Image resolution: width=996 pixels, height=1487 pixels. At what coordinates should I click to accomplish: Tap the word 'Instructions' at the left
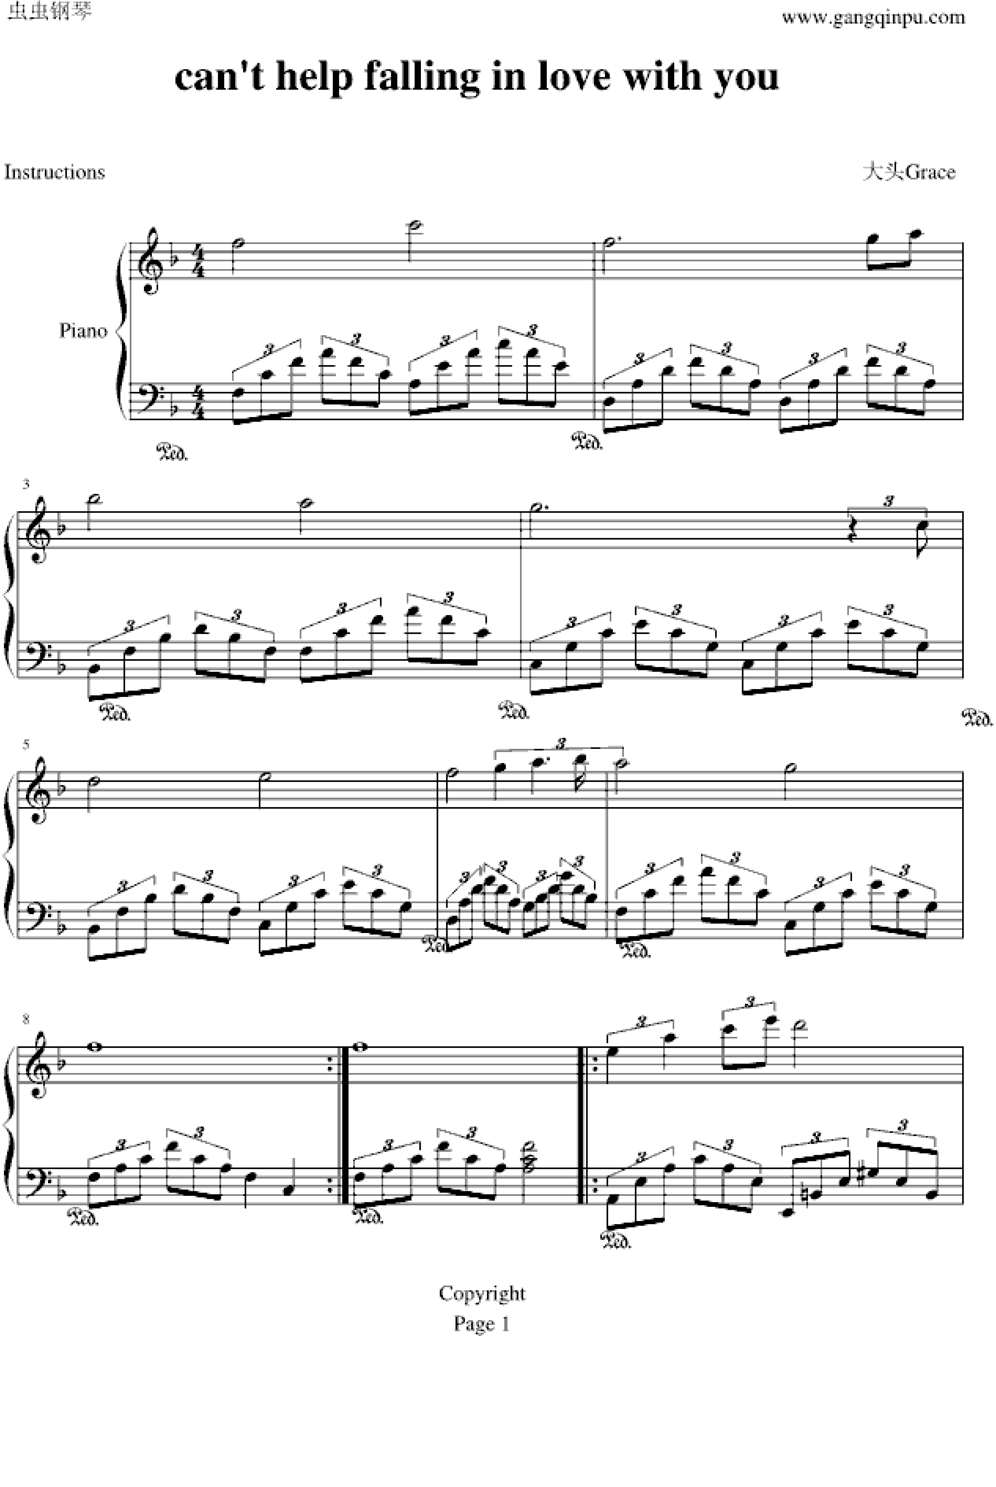tap(55, 172)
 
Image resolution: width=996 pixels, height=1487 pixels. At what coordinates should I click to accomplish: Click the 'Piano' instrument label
tap(83, 331)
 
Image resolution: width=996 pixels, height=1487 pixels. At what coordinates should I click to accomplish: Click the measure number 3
tap(26, 485)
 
